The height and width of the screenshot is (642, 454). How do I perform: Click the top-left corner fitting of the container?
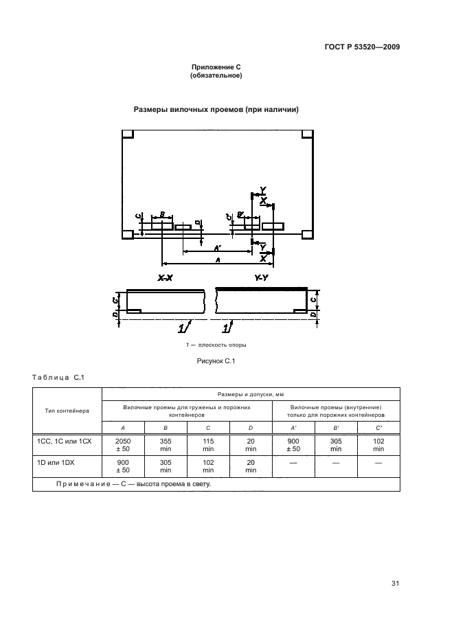click(128, 134)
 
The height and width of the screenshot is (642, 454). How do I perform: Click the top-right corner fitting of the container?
click(308, 134)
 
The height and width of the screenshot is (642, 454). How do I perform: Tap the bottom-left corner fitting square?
click(128, 234)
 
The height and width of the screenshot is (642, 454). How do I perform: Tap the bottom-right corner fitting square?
click(308, 234)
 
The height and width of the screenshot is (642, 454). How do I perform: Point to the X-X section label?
click(165, 278)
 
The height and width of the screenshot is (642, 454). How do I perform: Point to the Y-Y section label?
click(261, 278)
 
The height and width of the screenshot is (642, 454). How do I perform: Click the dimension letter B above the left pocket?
click(162, 215)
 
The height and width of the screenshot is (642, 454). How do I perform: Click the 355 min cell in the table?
click(166, 444)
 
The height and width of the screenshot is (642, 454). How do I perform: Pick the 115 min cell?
click(208, 444)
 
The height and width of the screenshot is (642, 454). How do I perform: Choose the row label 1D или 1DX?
click(56, 463)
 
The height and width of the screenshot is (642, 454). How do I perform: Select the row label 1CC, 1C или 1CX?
click(62, 440)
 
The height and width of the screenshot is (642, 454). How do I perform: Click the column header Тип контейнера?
click(67, 411)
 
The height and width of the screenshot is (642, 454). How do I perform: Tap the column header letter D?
click(251, 427)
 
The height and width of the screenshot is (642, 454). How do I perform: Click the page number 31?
click(395, 584)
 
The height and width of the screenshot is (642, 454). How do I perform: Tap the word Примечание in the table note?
click(81, 484)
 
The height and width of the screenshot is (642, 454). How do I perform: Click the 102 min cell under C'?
click(378, 444)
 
